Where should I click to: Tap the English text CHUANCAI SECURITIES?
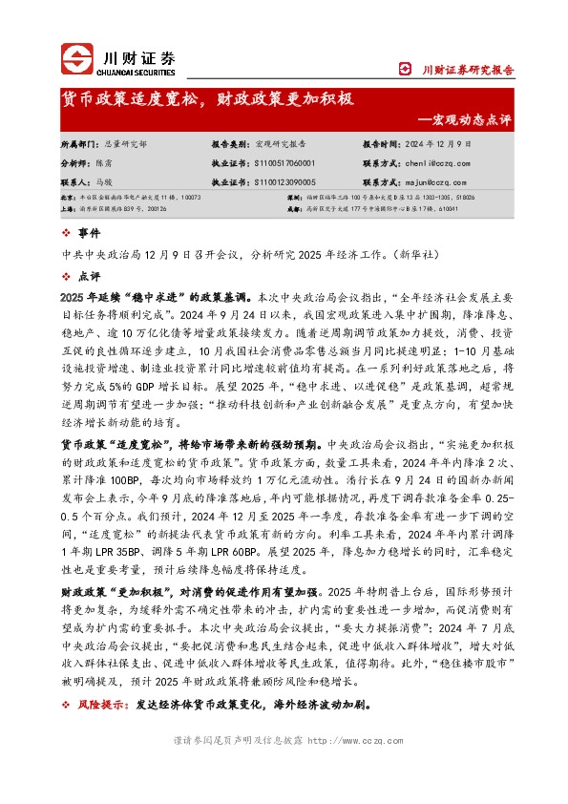pyautogui.click(x=137, y=70)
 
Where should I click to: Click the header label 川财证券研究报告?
pyautogui.click(x=468, y=70)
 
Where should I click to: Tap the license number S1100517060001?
pyautogui.click(x=284, y=162)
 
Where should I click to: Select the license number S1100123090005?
pyautogui.click(x=284, y=180)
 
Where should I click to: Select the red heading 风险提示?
pyautogui.click(x=101, y=706)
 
